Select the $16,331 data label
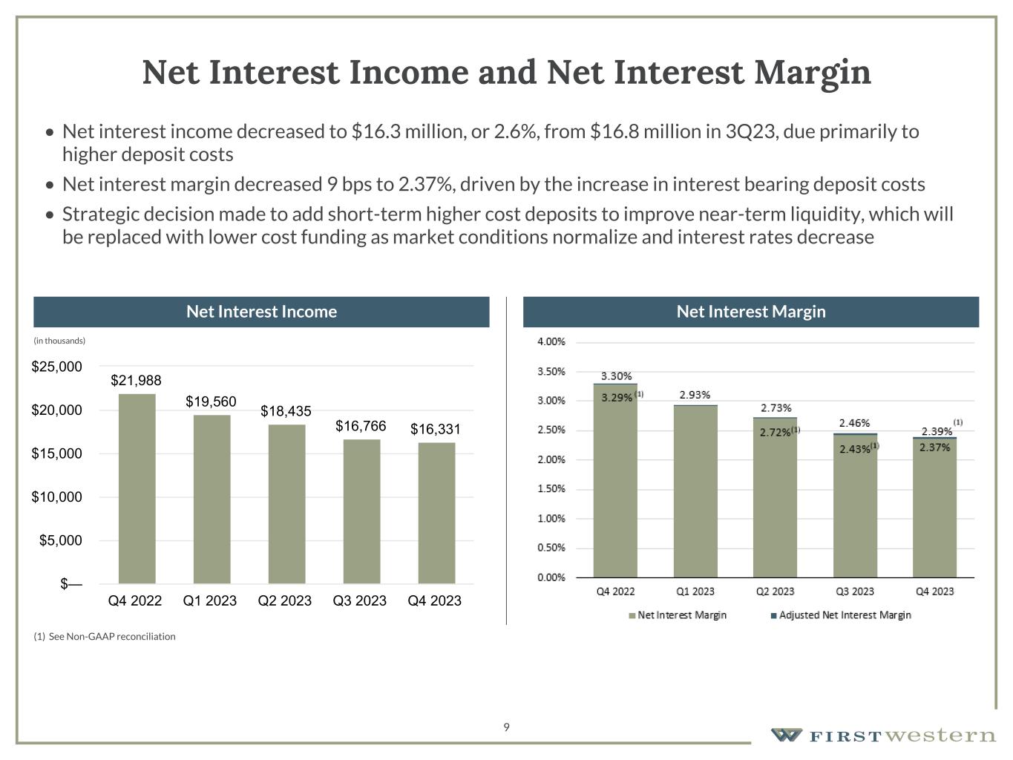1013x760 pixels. point(436,429)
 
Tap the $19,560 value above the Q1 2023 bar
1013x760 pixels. point(211,402)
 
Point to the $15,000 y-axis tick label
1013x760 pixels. point(56,453)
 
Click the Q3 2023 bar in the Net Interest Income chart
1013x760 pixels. point(361,511)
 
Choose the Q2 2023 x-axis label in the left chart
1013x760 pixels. point(285,600)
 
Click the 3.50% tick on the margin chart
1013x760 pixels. point(551,371)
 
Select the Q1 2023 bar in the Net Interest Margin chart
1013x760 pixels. point(695,491)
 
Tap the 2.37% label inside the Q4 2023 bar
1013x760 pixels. point(934,448)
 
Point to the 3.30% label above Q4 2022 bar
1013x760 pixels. point(616,376)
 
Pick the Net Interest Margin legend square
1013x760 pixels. point(632,615)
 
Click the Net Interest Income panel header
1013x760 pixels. point(261,312)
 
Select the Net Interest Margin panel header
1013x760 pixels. point(751,312)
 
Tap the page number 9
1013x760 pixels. point(506,727)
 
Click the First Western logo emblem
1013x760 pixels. point(786,736)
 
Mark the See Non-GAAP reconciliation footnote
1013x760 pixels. point(105,636)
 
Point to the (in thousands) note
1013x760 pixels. point(59,341)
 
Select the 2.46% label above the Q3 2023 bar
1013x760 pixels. point(854,423)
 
